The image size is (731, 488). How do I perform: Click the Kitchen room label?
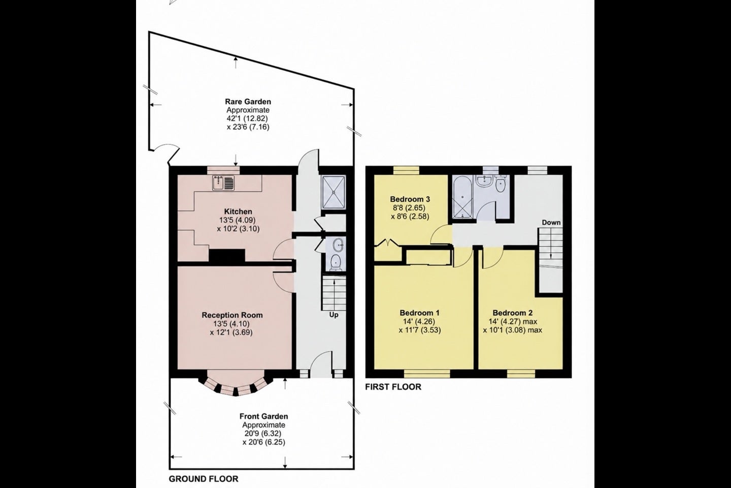238,211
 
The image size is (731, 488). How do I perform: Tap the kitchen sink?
223,183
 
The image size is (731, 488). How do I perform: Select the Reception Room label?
232,315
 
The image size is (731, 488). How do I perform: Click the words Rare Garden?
248,102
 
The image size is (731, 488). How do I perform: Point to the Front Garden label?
263,416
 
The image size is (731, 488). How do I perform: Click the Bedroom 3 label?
410,199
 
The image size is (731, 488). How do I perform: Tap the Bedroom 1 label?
419,313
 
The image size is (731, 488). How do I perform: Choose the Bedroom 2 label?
512,313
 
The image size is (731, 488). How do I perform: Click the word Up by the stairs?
334,315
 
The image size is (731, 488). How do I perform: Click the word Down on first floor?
551,223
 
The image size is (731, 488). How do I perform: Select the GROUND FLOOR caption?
203,479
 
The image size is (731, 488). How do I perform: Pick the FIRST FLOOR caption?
393,387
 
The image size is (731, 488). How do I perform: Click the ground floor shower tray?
333,192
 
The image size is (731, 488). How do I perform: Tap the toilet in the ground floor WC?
335,262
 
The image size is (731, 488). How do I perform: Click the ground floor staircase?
334,293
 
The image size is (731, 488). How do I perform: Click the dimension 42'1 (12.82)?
247,118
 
